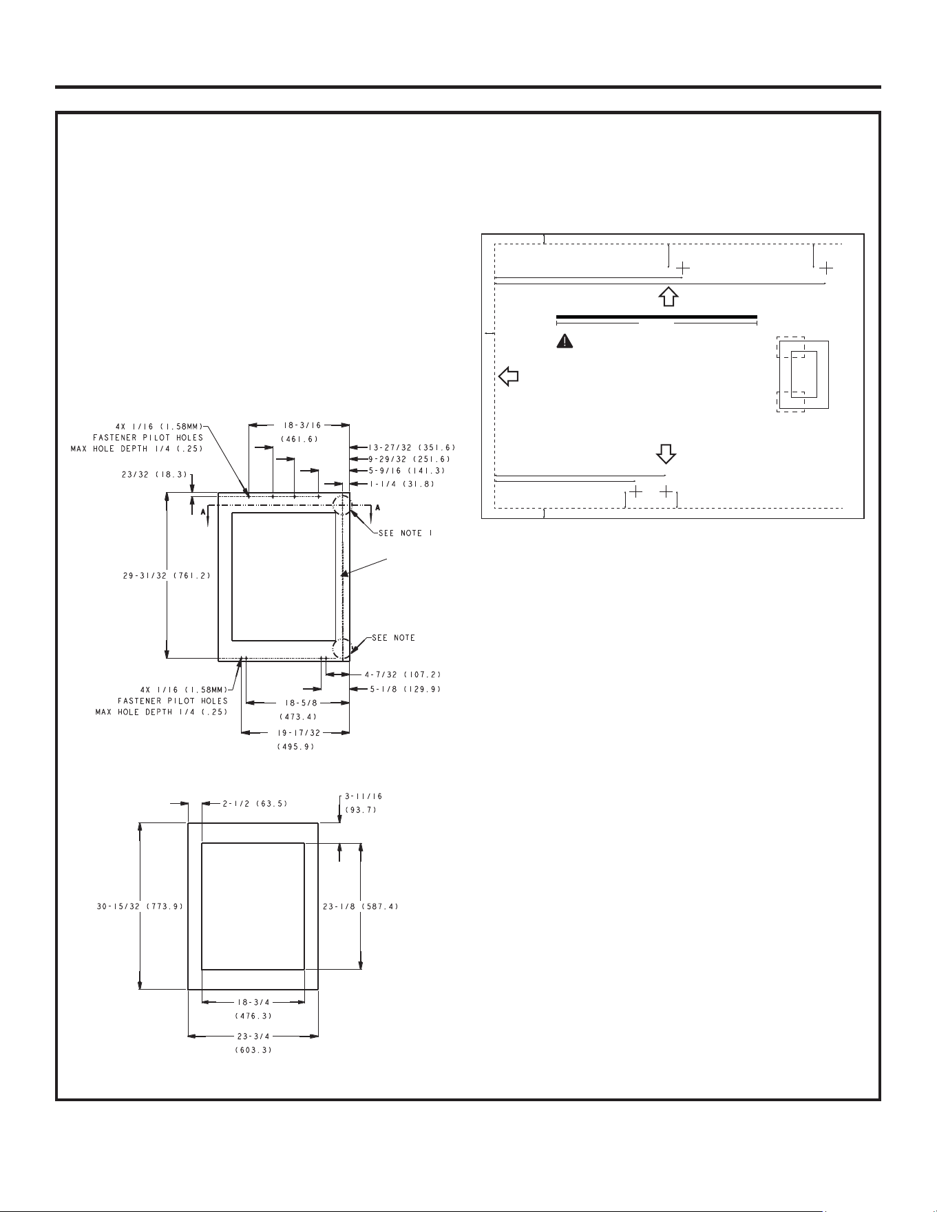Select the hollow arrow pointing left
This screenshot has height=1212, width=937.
pos(508,376)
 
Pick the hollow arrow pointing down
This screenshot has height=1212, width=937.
pos(666,454)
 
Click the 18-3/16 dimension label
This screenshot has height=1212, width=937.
pos(297,425)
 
